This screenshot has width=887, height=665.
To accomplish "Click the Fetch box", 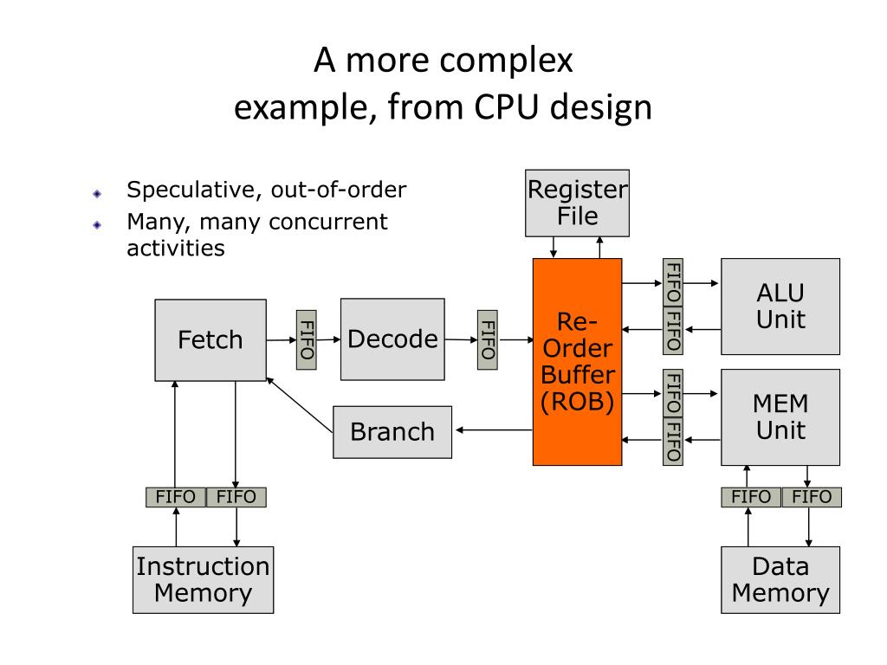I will [210, 339].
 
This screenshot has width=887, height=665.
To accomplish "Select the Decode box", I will [392, 339].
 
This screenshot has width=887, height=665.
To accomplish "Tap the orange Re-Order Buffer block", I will [577, 361].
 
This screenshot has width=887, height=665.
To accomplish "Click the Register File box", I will [578, 203].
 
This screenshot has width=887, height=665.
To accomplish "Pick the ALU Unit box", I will [780, 306].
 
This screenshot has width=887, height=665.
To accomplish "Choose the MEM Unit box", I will [780, 416].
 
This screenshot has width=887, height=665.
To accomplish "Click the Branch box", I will [392, 431].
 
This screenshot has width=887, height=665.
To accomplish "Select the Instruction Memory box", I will [203, 579].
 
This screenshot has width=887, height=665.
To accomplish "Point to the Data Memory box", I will [780, 579].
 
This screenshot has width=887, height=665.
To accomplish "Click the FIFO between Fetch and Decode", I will [306, 339].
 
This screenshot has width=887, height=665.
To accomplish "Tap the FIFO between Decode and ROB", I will [488, 339].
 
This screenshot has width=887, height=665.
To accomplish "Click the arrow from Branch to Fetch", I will [300, 404].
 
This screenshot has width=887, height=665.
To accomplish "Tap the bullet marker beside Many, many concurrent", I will [98, 224].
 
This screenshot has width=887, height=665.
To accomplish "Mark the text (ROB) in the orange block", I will [578, 404].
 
